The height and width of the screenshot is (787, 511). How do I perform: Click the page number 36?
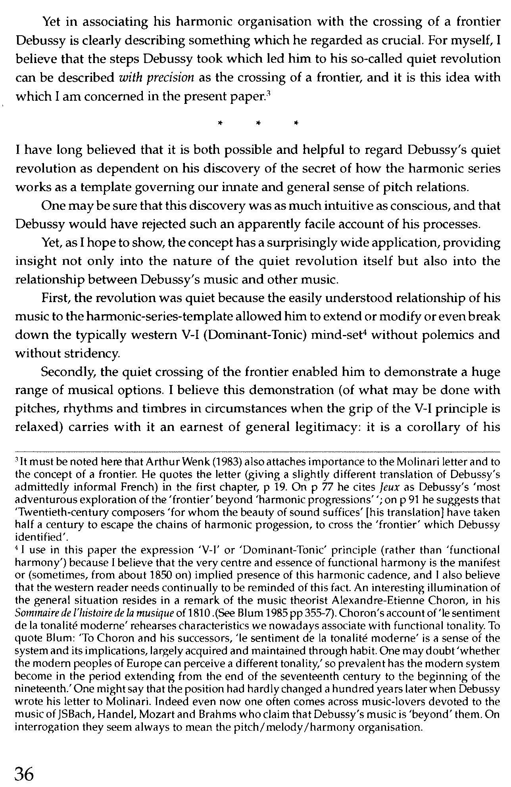point(30,773)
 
